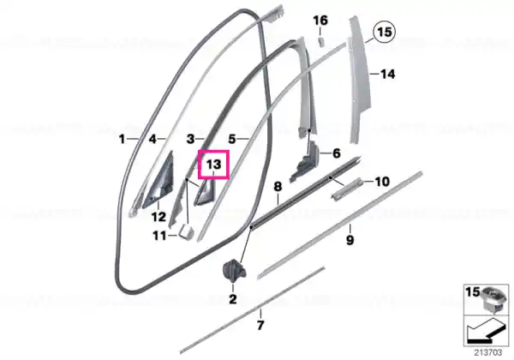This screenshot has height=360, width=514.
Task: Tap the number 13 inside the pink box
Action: point(213,164)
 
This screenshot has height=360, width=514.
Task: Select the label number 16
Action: point(320,21)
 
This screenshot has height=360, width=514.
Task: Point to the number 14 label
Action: point(387,74)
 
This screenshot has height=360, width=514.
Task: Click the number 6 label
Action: point(337,153)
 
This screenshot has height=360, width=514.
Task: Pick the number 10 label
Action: point(382,182)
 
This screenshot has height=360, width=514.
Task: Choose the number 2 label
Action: point(233,299)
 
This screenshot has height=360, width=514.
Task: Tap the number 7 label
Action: point(260,326)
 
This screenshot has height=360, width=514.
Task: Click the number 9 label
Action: point(350,240)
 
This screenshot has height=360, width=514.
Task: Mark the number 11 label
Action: point(160,236)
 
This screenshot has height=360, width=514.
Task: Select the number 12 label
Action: point(158,217)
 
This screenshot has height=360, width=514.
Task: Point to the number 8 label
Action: point(278,187)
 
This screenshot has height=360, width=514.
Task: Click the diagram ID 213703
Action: point(488,353)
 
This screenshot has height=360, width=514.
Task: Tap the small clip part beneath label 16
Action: point(321,42)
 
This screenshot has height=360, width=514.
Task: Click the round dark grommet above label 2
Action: point(233,269)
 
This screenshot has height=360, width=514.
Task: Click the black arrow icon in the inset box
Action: point(485,331)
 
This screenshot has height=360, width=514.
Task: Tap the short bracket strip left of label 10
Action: point(347,189)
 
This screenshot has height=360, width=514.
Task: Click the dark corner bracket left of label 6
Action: point(306,161)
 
